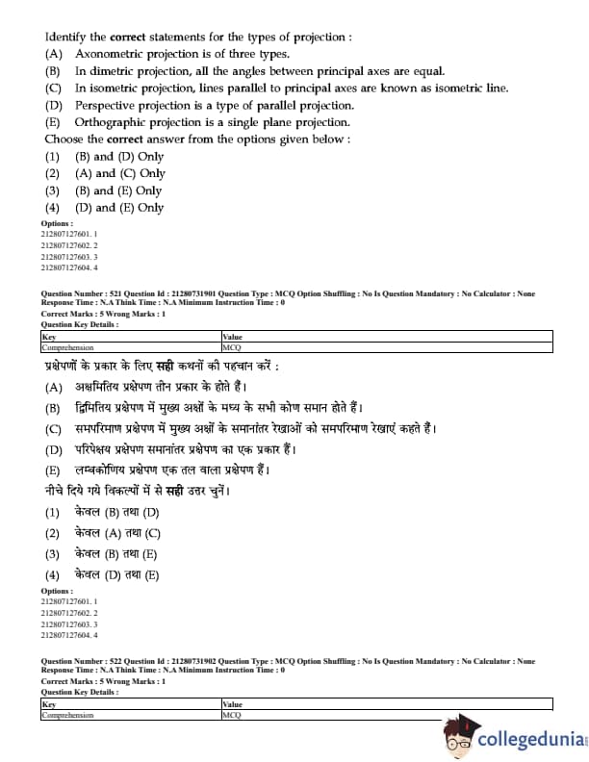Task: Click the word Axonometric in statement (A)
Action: [x=112, y=54]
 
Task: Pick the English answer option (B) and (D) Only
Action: [x=118, y=157]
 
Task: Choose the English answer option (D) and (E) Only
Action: [x=118, y=207]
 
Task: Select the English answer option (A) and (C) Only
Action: [x=119, y=173]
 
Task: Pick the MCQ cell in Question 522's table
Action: [x=231, y=715]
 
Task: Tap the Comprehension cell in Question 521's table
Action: [x=67, y=346]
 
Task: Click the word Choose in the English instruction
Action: [x=65, y=139]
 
